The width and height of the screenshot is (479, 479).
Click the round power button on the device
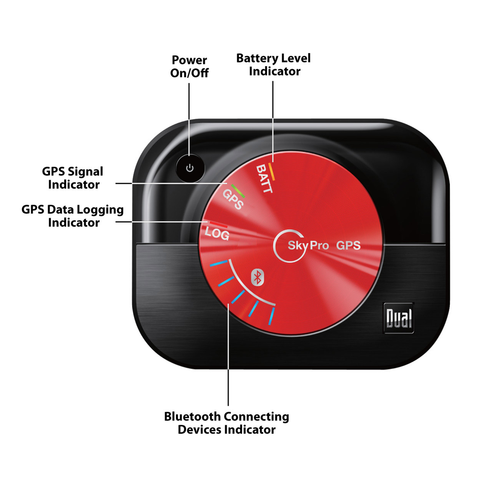[190, 168]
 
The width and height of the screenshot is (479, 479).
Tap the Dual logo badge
[399, 318]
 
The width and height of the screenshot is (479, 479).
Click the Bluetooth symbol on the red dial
[257, 277]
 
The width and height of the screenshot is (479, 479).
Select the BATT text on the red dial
[264, 179]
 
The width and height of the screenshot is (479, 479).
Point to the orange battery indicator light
[272, 172]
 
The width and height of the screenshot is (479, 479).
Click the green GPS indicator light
[238, 191]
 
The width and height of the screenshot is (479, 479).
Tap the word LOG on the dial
[217, 234]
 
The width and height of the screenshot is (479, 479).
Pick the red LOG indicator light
[218, 224]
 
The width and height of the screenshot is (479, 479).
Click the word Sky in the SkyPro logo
[297, 245]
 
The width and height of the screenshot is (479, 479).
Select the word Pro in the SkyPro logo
[319, 245]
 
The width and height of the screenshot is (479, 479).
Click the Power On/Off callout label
[189, 66]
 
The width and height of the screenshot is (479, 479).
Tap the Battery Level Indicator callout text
[273, 65]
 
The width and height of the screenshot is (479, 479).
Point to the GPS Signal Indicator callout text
[73, 178]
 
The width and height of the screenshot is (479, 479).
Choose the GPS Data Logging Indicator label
[73, 216]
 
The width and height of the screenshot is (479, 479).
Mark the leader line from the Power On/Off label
[189, 120]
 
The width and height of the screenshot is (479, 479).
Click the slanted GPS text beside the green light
[233, 199]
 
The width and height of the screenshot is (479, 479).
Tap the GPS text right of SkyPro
[348, 245]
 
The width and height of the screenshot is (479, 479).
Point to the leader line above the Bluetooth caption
[228, 359]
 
